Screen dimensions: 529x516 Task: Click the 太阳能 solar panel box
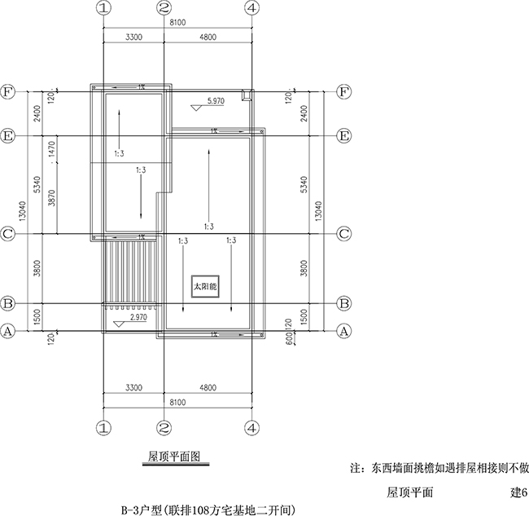[205, 287]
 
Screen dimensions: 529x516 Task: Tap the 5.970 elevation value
[216, 101]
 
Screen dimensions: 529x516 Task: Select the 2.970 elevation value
[138, 317]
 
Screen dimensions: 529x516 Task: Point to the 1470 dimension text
[51, 149]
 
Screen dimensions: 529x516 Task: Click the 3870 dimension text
[51, 198]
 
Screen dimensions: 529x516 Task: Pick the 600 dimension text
[289, 338]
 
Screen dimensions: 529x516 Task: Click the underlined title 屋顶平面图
[174, 456]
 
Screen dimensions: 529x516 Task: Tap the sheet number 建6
[519, 492]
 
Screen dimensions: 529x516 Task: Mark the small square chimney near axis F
[247, 95]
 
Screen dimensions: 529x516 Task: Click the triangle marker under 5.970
[196, 108]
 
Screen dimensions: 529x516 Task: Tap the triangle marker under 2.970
[119, 324]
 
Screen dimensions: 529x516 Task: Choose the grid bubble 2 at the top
[164, 8]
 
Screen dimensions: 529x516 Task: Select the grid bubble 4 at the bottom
[252, 428]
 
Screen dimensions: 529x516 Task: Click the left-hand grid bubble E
[8, 136]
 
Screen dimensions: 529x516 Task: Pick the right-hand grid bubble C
[343, 234]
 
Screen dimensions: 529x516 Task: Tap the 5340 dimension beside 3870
[37, 184]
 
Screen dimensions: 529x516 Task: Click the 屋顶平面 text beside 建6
[409, 492]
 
